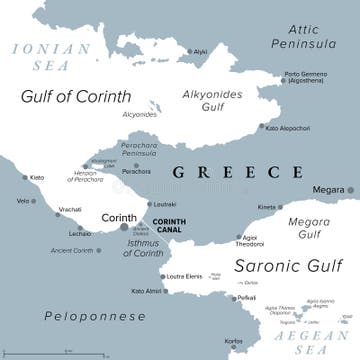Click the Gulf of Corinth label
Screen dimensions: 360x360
point(75,96)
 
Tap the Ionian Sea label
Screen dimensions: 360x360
point(36,54)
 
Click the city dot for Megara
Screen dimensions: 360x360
point(349,189)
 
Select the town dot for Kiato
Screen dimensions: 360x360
point(27,178)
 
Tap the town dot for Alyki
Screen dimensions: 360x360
point(188,51)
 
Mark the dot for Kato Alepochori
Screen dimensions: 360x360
point(261,128)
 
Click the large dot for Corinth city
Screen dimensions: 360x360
point(124,227)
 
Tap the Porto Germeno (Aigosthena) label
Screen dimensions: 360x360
point(307,77)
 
